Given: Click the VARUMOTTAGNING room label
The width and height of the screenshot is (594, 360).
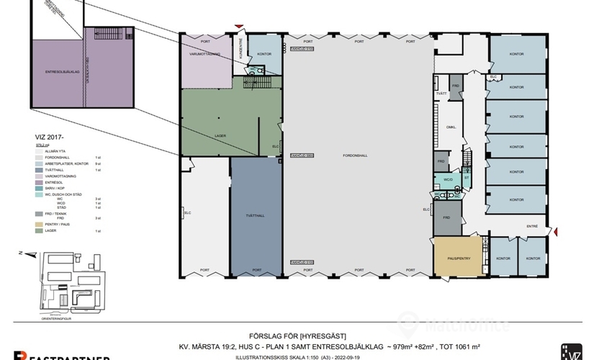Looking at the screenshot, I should tap(204, 54).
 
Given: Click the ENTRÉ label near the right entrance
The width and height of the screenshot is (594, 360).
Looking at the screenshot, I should tap(532, 226).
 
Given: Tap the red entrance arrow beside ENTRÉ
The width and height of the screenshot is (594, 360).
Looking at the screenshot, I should tap(555, 230).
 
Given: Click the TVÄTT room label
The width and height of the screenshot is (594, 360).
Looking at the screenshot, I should tap(441, 94).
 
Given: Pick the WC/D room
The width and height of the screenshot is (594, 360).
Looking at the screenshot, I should tap(446, 179).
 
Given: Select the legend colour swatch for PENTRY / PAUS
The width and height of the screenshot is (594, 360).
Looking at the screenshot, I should tap(39, 224).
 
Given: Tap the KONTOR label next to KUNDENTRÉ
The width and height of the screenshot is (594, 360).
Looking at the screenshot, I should tap(264, 53).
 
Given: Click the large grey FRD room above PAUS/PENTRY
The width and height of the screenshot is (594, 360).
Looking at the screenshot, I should tap(446, 217).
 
